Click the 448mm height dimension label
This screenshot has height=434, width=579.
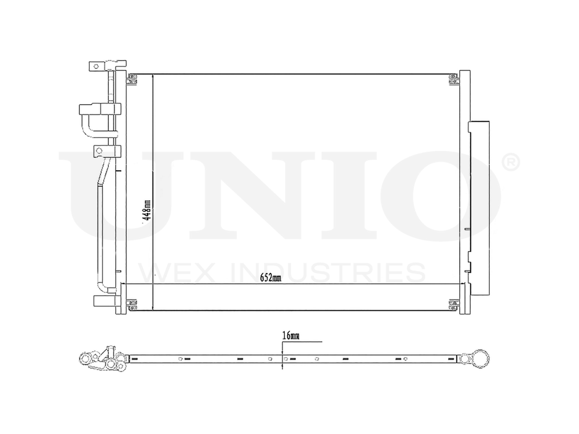(x=147, y=212)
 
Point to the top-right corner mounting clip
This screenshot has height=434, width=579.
(x=452, y=78)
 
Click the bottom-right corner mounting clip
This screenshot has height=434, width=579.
(x=452, y=304)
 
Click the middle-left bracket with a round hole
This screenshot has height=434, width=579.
(x=100, y=152)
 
